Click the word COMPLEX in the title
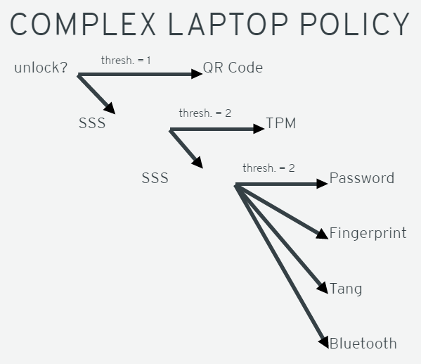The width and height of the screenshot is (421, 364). [x=83, y=25]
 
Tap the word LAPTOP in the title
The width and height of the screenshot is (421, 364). [x=228, y=25]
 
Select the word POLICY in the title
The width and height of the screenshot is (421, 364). [x=355, y=25]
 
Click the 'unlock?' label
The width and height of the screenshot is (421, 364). [x=41, y=68]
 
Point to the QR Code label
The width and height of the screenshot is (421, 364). [x=233, y=68]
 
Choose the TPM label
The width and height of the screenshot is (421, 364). [x=281, y=123]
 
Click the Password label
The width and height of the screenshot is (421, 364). [x=362, y=178]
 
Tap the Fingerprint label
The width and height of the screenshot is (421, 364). [x=368, y=233]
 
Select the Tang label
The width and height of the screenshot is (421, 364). [x=346, y=289]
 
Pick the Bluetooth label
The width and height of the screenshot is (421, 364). [x=363, y=344]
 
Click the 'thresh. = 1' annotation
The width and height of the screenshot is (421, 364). [x=126, y=61]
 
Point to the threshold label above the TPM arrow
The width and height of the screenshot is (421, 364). [x=205, y=113]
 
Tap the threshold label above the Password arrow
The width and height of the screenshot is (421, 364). [x=268, y=168]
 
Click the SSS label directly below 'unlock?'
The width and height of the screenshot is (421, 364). [x=92, y=123]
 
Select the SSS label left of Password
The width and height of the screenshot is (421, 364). [x=155, y=178]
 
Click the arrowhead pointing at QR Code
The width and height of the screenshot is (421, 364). [x=196, y=74]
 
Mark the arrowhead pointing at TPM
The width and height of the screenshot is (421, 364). [x=259, y=129]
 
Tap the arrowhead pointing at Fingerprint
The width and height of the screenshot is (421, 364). [x=322, y=234]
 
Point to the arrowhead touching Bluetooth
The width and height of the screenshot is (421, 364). [x=324, y=342]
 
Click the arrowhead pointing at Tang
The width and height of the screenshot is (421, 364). [x=323, y=288]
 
